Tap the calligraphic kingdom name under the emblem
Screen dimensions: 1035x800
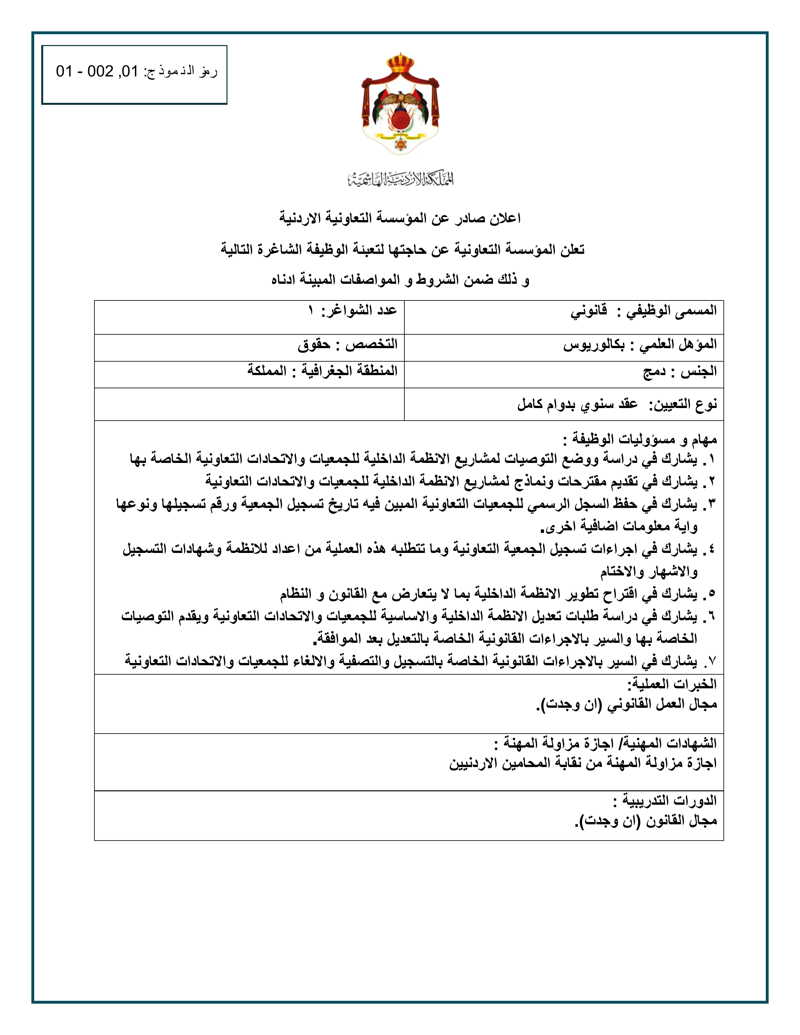401,179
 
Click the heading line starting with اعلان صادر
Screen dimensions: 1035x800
401,219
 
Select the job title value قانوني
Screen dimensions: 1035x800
589,311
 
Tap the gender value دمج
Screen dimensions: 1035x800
654,372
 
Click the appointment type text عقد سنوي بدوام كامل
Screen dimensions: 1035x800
577,405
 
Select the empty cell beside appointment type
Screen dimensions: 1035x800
249,404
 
